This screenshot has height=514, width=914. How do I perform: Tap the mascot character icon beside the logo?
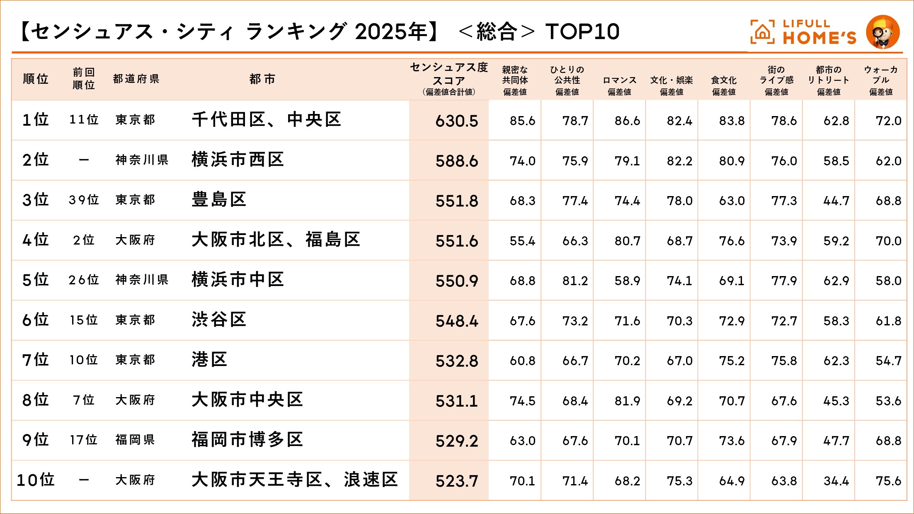point(882,32)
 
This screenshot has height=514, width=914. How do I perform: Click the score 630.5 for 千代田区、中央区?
point(456,121)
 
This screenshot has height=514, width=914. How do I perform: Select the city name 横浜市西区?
point(238,160)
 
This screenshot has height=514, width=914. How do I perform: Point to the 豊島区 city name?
point(219,200)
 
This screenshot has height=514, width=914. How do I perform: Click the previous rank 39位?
point(84,200)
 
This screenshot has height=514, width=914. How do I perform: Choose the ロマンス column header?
point(619,80)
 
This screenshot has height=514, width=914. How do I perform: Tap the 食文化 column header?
point(724,80)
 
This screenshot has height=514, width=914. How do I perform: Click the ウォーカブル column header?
point(881,75)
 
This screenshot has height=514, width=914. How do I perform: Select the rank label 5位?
point(36,280)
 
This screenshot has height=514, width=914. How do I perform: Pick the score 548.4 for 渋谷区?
point(456,321)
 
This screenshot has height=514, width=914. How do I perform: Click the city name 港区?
point(209,360)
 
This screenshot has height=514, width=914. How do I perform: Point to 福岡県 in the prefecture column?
point(135,440)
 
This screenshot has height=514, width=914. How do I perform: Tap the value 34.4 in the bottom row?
point(836,481)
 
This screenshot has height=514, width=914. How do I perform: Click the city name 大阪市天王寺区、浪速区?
point(294,480)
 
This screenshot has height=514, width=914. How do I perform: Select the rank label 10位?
point(36,480)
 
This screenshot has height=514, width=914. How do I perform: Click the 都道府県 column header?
point(136,79)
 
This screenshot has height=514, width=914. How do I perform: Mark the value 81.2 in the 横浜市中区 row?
point(575,281)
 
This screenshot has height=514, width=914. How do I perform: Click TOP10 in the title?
point(582,32)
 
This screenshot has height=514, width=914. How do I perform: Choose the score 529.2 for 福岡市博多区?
point(456,441)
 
